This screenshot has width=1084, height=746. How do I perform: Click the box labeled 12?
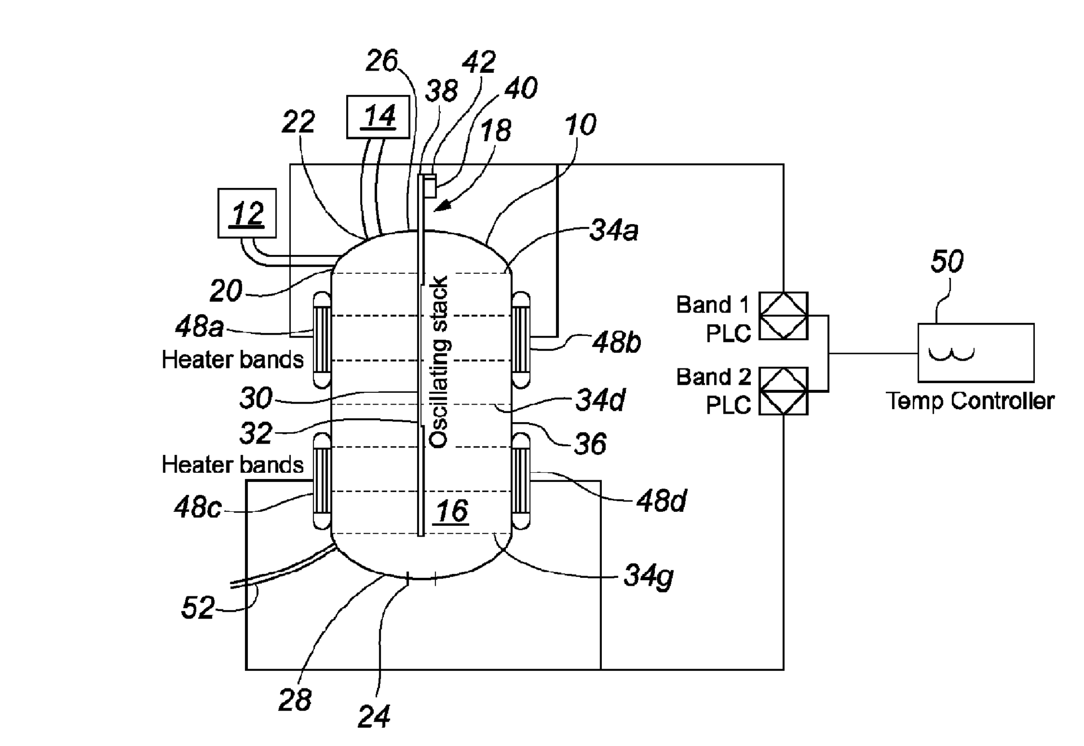click(247, 213)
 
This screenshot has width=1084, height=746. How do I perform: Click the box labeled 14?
click(378, 117)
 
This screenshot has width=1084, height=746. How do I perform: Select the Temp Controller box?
click(976, 353)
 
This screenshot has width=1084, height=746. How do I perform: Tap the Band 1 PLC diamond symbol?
click(783, 316)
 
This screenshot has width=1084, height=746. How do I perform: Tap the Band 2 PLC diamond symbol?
click(783, 391)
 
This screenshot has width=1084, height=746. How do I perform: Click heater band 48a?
click(322, 340)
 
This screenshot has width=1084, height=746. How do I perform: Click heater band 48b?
click(521, 340)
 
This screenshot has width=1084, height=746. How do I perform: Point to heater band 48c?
click(322, 481)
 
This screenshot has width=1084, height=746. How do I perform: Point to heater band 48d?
click(521, 481)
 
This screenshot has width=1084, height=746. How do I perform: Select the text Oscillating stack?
click(439, 361)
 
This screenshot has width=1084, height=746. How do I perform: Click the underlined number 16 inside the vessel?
click(452, 511)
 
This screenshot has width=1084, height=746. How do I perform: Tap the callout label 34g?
click(648, 576)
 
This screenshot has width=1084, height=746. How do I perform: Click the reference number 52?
click(198, 608)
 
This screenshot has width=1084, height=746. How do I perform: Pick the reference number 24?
click(374, 717)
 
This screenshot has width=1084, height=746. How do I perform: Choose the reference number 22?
click(298, 122)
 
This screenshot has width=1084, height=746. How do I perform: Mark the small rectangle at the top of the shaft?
click(430, 187)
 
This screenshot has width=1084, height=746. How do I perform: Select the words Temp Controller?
click(969, 401)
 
